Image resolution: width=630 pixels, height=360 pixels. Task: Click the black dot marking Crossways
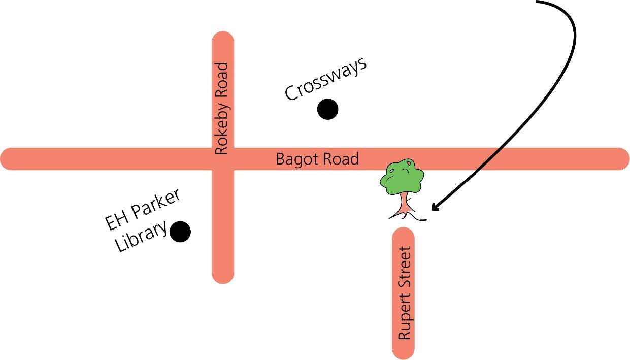click(327, 109)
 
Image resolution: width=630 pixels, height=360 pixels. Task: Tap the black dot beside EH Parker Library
click(180, 232)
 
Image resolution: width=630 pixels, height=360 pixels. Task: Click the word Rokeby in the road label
click(222, 89)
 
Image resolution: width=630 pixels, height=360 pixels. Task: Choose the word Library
click(141, 237)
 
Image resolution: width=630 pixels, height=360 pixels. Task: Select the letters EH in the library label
click(115, 220)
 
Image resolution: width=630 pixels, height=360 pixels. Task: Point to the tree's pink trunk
click(404, 205)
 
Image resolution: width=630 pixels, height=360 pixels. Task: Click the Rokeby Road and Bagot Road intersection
click(222, 159)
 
